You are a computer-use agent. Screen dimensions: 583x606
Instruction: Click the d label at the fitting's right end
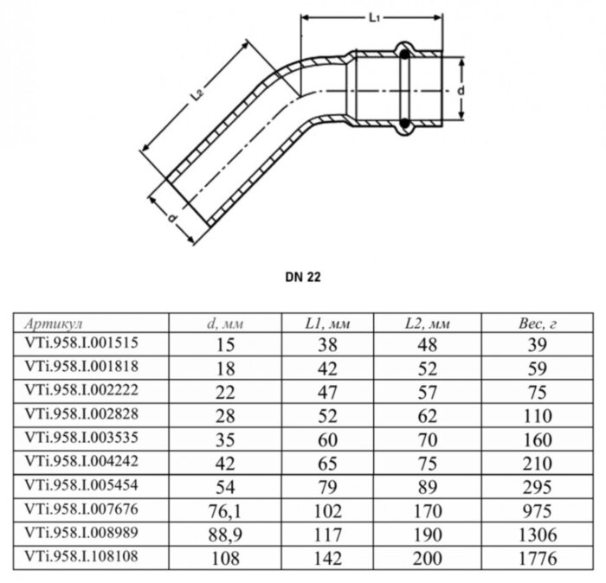[x=463, y=89]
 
